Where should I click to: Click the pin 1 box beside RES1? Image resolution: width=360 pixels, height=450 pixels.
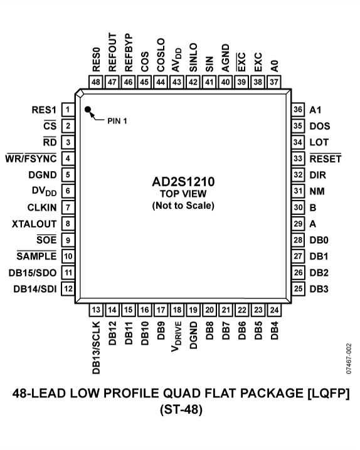click(x=66, y=110)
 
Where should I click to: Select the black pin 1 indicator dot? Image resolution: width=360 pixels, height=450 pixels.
click(x=88, y=110)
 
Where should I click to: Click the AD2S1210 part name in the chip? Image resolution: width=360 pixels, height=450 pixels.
click(x=183, y=182)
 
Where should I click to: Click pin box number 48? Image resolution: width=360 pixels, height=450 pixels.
click(x=96, y=81)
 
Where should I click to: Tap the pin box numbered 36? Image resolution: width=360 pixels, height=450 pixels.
click(x=299, y=109)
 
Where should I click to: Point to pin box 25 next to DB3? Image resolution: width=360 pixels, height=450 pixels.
click(x=299, y=289)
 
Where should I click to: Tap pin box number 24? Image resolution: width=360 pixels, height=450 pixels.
click(x=274, y=309)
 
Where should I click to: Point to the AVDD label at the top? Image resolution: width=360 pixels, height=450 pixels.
click(x=177, y=58)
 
